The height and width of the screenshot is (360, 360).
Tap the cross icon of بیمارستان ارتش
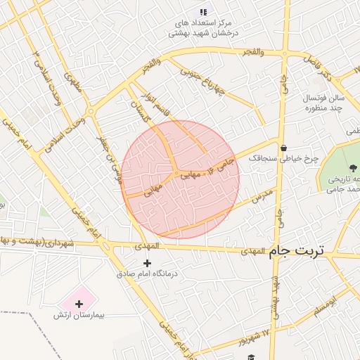pyautogui.click(x=79, y=304)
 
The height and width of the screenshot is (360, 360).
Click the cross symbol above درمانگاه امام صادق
pyautogui.click(x=147, y=262)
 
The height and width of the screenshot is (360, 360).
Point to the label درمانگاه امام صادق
pyautogui.click(x=148, y=273)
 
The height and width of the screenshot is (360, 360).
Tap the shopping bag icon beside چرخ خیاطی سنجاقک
pyautogui.click(x=283, y=148)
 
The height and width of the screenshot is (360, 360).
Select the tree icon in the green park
pyautogui.click(x=352, y=167)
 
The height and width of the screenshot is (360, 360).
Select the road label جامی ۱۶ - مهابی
pyautogui.click(x=210, y=169)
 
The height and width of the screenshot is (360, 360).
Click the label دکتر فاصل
pyautogui.click(x=318, y=65)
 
